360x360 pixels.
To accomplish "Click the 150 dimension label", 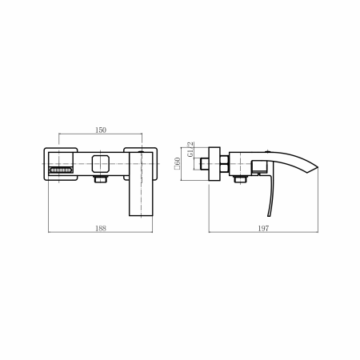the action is pyautogui.click(x=101, y=130).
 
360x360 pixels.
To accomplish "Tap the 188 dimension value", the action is pyautogui.click(x=101, y=228).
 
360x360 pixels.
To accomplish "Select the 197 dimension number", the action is pyautogui.click(x=263, y=228).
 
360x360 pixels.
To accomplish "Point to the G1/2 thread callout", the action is pyautogui.click(x=190, y=150).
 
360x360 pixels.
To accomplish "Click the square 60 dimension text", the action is pyautogui.click(x=177, y=163).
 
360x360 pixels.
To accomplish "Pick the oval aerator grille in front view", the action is pyautogui.click(x=61, y=170).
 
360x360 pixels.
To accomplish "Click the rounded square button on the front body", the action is pyautogui.click(x=101, y=164).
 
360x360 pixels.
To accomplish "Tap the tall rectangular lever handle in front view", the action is pyautogui.click(x=141, y=184).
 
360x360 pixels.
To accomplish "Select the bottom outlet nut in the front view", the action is pyautogui.click(x=101, y=179).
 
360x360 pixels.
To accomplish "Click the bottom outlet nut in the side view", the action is pyautogui.click(x=240, y=179).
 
